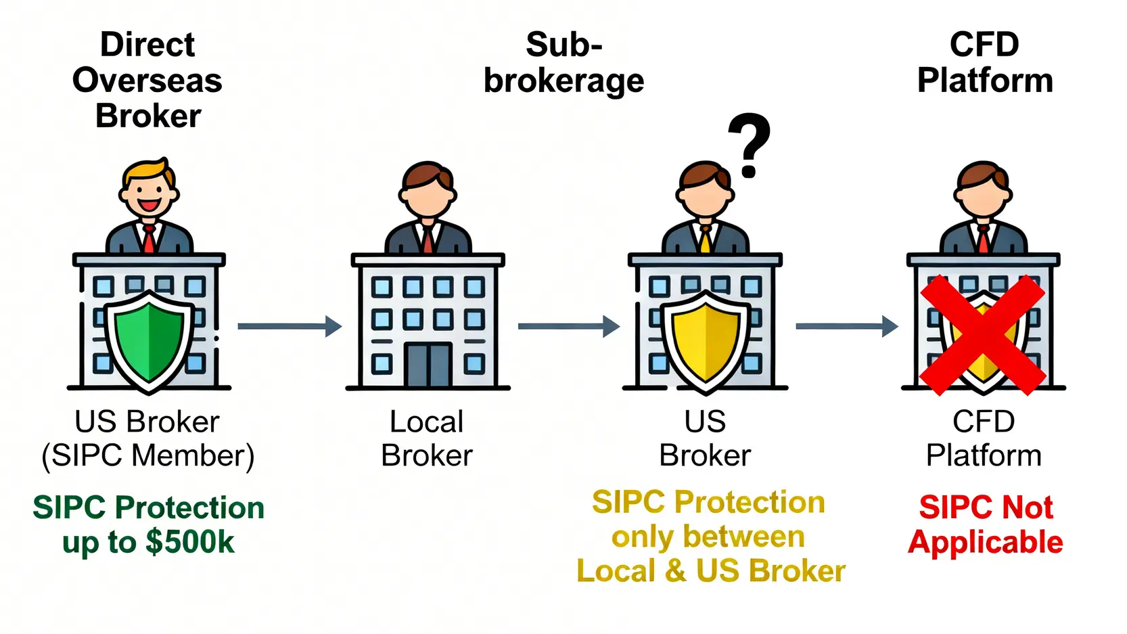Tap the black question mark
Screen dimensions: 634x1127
[749, 144]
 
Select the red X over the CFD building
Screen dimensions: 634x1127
[982, 334]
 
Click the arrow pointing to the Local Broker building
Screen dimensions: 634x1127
[290, 326]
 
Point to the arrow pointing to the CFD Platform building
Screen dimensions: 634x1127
[846, 326]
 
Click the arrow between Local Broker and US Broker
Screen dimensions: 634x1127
[568, 326]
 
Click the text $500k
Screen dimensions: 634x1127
[190, 543]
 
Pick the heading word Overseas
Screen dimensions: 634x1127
[147, 81]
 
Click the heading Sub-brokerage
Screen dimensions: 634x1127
[563, 63]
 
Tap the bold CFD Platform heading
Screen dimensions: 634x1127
[984, 63]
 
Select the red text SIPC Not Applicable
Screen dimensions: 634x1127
[986, 525]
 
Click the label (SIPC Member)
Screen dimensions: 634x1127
[147, 455]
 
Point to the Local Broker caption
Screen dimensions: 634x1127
[427, 438]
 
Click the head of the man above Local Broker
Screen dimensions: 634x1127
[428, 189]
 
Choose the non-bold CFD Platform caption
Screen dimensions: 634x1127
[984, 438]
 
